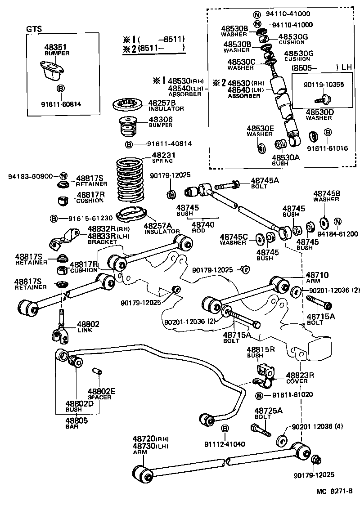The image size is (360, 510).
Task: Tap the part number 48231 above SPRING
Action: [x=162, y=155]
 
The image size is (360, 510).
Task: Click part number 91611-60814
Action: [x=62, y=104]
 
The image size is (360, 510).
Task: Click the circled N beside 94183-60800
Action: [x=63, y=176]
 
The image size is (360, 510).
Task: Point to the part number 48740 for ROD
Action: [x=203, y=224]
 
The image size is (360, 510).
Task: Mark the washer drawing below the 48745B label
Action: [x=322, y=222]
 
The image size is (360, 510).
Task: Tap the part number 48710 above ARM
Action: [x=317, y=275]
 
